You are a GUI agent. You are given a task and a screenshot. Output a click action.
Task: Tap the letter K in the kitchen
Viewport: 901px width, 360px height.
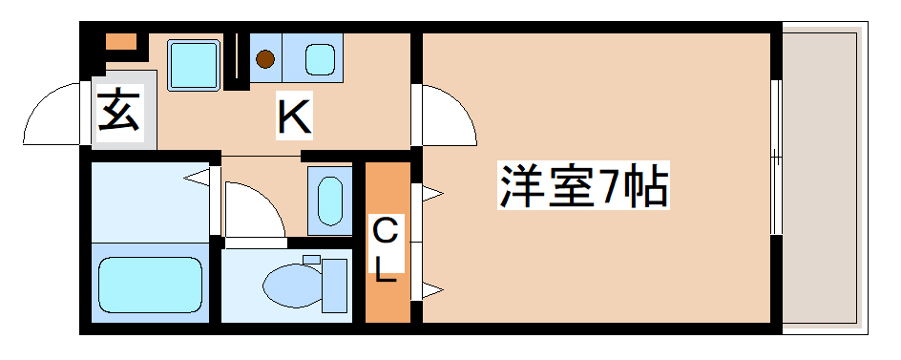tap(293, 117)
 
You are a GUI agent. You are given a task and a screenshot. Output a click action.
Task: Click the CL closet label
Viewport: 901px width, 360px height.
tap(385, 249)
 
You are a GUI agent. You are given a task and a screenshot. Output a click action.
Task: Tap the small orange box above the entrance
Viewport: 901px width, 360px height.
tap(121, 42)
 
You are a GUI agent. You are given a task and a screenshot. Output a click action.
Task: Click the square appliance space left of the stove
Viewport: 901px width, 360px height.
tap(195, 63)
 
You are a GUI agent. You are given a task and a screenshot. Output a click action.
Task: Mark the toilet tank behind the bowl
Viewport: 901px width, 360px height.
tap(333, 284)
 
